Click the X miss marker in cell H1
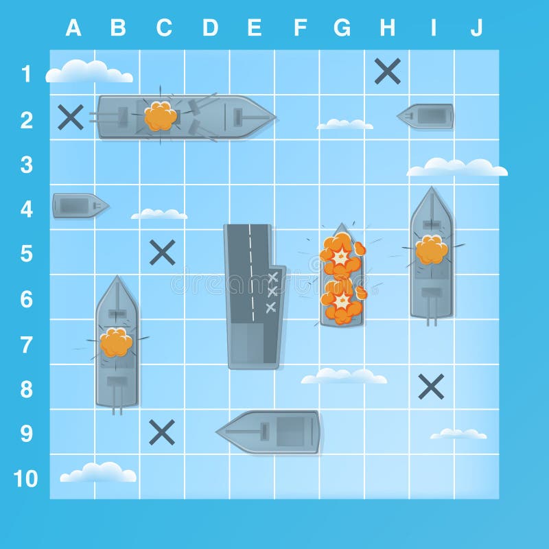click(388, 71)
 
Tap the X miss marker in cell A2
click(71, 117)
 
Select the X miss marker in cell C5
click(163, 253)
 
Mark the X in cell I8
click(431, 387)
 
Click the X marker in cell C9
click(162, 432)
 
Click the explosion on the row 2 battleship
click(161, 117)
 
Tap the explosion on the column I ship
click(431, 250)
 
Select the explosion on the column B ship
click(116, 342)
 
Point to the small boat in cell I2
click(427, 116)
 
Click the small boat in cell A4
click(80, 205)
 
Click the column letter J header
click(476, 27)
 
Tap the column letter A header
click(73, 27)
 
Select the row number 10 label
click(26, 478)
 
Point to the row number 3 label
click(26, 165)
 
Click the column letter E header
click(254, 27)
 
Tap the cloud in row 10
click(98, 472)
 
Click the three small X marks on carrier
click(272, 292)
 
